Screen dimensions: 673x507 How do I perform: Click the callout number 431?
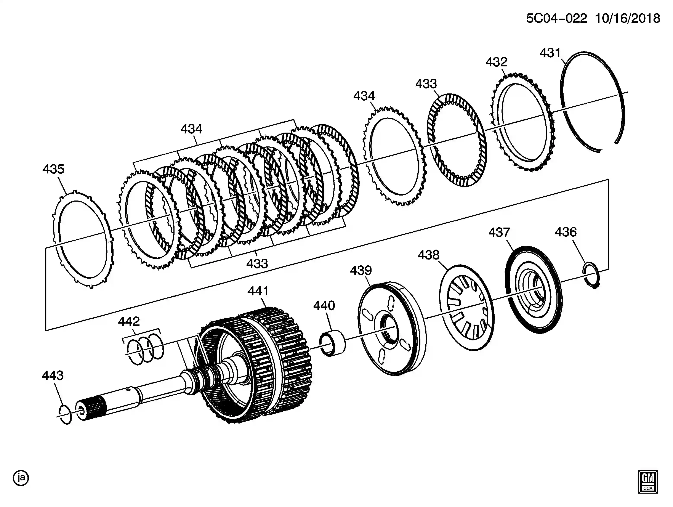pyautogui.click(x=550, y=53)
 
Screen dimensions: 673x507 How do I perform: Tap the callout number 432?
pyautogui.click(x=497, y=62)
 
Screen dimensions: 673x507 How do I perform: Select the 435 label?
pyautogui.click(x=54, y=169)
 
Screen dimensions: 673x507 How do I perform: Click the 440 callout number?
pyautogui.click(x=324, y=306)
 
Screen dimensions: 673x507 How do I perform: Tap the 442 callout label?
pyautogui.click(x=129, y=321)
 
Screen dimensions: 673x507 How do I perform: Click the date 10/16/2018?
pyautogui.click(x=627, y=19)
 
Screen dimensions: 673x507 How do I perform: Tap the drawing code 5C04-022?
pyautogui.click(x=556, y=19)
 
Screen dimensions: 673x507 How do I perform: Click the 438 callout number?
pyautogui.click(x=429, y=255)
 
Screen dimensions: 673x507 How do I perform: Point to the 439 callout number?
pyautogui.click(x=361, y=271)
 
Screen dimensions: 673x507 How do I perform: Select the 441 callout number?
pyautogui.click(x=258, y=291)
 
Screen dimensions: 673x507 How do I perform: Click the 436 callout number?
pyautogui.click(x=566, y=232)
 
